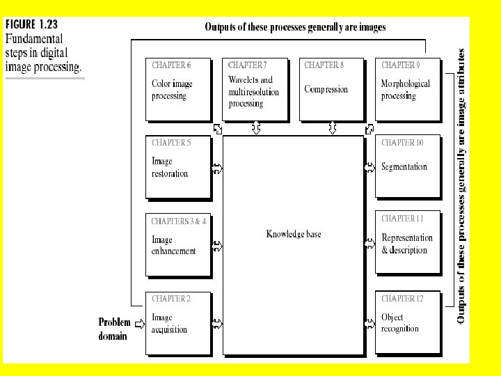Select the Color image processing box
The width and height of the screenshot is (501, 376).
178,90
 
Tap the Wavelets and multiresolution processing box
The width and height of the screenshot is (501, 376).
255,90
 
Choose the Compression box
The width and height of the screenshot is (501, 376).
331,90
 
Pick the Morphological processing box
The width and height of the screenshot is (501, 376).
407,90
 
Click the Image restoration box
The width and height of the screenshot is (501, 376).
178,167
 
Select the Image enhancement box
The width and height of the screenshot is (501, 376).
178,244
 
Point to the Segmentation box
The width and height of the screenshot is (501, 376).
407,167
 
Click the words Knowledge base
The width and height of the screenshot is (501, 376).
294,234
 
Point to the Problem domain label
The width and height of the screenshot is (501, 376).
114,329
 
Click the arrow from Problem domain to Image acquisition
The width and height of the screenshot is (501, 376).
138,322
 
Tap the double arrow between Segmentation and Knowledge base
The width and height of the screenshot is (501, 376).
369,168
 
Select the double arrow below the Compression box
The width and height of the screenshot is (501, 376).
333,128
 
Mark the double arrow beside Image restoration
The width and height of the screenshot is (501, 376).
216,168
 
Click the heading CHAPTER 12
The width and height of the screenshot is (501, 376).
402,299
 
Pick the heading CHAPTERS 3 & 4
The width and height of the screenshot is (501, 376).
179,221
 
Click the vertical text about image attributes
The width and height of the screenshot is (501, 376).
461,185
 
